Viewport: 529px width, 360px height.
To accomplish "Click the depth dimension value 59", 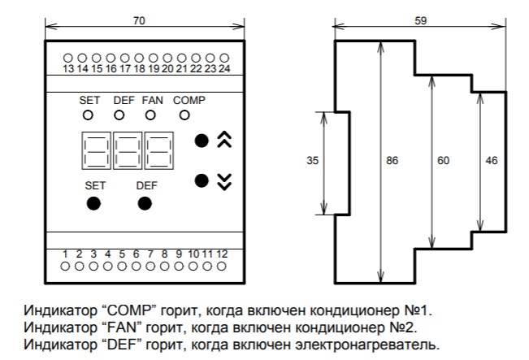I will [x=420, y=20].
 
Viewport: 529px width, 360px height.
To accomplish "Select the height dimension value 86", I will [x=392, y=162].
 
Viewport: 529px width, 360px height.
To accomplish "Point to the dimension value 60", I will [x=443, y=162].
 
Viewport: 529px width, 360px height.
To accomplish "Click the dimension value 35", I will [x=312, y=162].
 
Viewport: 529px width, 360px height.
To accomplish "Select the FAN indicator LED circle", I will [x=150, y=115].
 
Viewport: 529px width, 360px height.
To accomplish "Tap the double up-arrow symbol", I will [x=225, y=141].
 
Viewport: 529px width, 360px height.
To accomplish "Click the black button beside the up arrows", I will [x=202, y=141].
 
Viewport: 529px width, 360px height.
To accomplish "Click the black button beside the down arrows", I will [x=202, y=180].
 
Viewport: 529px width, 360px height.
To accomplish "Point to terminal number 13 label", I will [x=69, y=70].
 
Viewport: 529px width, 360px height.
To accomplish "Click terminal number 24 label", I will [x=224, y=70].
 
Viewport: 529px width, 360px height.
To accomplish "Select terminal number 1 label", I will [x=66, y=254].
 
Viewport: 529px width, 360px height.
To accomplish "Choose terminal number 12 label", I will [x=222, y=254].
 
